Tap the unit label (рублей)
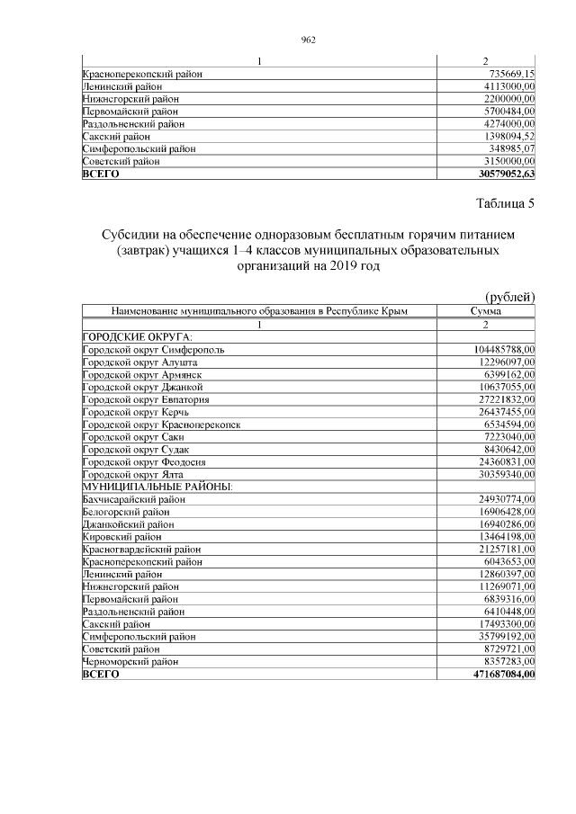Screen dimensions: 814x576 509,297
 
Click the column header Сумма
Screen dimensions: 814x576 485,311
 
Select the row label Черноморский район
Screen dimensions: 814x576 133,661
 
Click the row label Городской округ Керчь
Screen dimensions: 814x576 134,411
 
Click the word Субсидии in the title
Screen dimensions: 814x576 132,236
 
